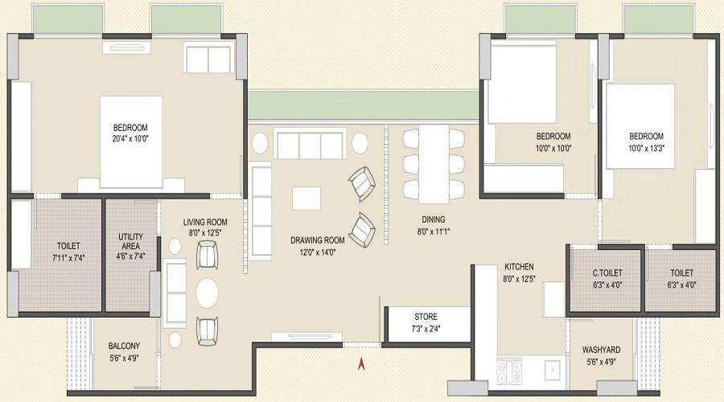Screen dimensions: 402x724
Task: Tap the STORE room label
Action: [x=426, y=317]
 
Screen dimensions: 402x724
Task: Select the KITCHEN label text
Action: [x=519, y=267]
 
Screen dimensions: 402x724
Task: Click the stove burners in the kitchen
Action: [x=510, y=371]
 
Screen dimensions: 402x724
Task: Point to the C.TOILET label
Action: [x=607, y=272]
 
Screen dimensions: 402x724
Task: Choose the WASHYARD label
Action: [x=600, y=351]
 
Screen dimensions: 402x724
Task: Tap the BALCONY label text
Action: [x=124, y=347]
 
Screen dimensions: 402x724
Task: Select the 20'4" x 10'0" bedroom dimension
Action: [x=130, y=138]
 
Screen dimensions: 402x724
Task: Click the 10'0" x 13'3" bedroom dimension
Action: [x=646, y=147]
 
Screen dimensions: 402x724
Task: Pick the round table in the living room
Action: [x=208, y=293]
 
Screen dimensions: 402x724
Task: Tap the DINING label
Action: [x=433, y=219]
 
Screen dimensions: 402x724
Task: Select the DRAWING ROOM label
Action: [x=317, y=240]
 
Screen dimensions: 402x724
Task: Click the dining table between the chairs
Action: [x=433, y=163]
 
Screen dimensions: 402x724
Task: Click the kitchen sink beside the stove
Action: [x=551, y=370]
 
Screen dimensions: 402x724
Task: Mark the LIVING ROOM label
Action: [x=204, y=223]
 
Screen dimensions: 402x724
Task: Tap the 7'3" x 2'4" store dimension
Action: [x=426, y=328]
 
